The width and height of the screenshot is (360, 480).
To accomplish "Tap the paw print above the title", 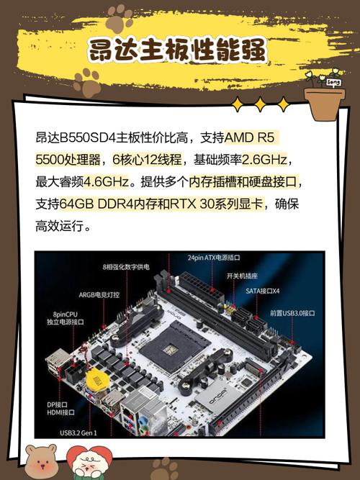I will coord(119,19).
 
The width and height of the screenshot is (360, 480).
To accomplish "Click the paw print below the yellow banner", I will coord(87,83).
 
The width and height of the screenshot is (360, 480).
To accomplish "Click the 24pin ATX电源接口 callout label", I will coord(214,257).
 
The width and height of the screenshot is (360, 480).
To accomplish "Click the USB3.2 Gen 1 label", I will coord(78,433).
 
